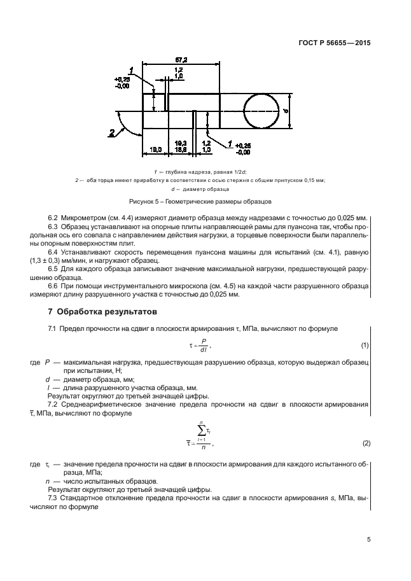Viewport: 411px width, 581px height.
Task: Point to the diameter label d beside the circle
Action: click(285, 110)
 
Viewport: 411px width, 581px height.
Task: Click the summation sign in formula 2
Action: click(200, 433)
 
